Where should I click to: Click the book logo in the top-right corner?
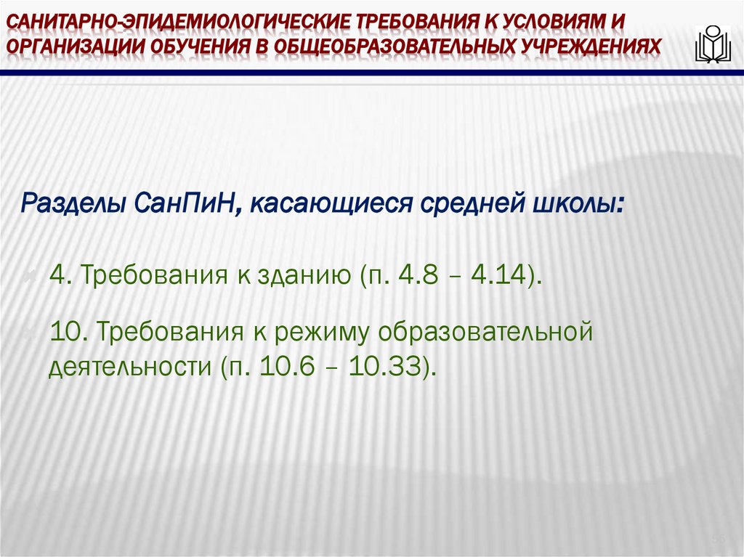coord(712,45)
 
